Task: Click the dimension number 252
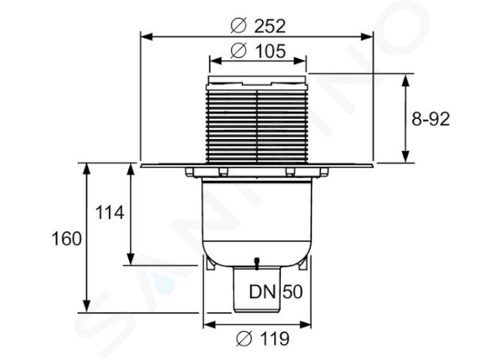pos(270,27)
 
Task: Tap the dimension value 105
pos(270,51)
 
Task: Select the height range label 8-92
pos(431,120)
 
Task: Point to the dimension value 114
pos(109,213)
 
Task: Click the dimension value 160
pos(66,239)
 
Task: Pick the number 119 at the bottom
pos(274,338)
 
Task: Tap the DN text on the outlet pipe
pos(262,292)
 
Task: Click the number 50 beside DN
pos(292,292)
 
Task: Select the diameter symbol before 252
pos(239,26)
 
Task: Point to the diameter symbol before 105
pos(239,51)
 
